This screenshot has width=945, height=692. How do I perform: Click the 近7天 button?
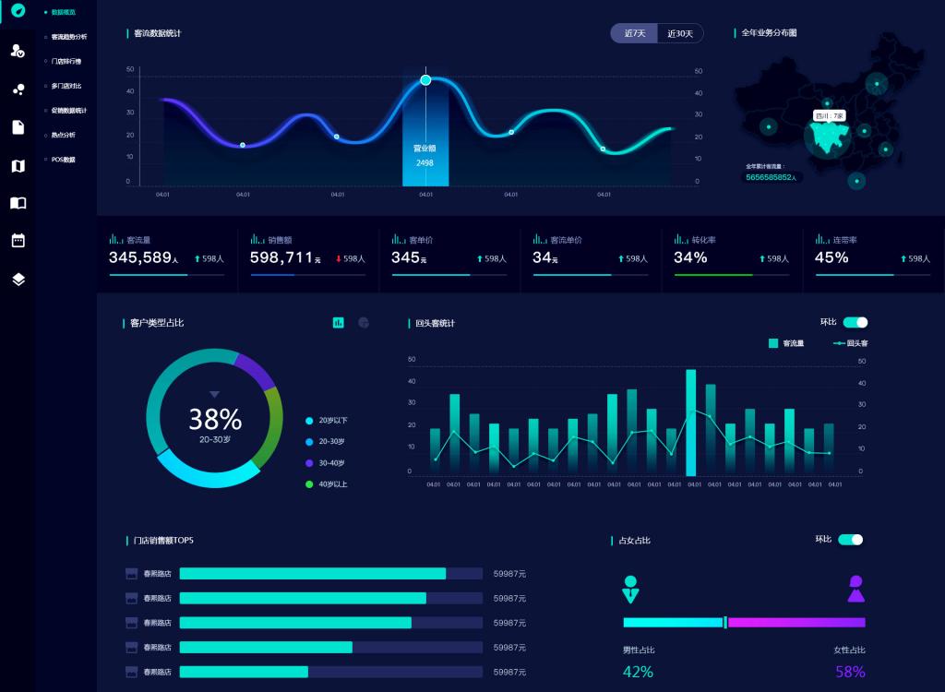(634, 33)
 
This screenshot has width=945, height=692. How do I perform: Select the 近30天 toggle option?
(680, 33)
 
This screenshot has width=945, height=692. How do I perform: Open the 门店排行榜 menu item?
(66, 61)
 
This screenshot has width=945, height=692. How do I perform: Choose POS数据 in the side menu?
(63, 160)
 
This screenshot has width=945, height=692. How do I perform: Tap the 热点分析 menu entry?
(63, 135)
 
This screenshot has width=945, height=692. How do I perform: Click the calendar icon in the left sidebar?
(18, 240)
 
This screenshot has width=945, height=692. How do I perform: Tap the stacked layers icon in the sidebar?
(18, 280)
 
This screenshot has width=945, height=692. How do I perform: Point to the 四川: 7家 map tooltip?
(830, 116)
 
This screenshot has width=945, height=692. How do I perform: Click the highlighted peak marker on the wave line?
(425, 80)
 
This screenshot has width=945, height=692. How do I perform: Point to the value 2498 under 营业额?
(425, 163)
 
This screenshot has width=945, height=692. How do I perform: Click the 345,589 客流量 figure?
(140, 257)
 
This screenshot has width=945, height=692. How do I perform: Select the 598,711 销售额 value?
(281, 257)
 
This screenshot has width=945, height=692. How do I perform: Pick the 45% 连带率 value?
(831, 257)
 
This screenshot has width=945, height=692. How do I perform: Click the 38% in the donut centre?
(215, 420)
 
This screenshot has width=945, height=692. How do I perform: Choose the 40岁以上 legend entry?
(332, 484)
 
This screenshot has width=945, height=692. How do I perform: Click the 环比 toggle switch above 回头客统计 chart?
(855, 322)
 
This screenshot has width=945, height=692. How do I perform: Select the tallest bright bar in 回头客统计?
(691, 422)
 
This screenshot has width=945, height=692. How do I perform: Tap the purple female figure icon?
(856, 589)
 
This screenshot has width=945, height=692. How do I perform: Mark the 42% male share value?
(638, 672)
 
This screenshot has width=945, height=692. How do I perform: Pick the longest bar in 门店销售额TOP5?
(313, 574)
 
